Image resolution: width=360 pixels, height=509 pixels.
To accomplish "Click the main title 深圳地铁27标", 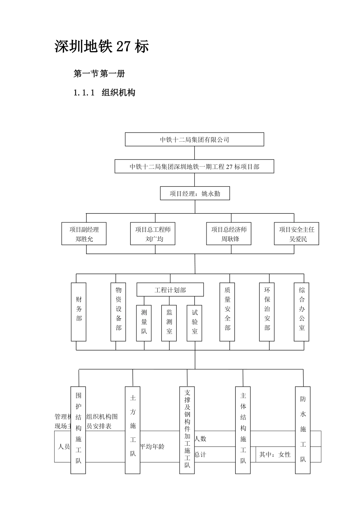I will coord(102,46).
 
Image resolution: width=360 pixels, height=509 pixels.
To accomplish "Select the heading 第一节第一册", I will coord(99,73).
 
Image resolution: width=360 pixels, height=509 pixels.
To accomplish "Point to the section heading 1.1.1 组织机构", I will coord(104,92).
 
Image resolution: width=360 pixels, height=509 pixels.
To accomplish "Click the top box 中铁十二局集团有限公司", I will coord(194,139).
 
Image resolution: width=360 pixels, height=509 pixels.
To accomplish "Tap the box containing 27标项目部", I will coord(194,166).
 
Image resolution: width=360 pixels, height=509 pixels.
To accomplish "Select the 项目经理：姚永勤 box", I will coord(195,194).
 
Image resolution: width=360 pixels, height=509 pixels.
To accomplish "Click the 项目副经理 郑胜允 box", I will coord(84,234).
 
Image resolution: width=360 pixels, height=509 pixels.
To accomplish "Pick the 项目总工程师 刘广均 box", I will coord(153,234).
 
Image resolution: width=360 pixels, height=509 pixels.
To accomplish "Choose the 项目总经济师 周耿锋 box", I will coord(229,234).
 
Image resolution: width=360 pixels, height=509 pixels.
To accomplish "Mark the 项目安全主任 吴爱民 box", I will coord(296,234).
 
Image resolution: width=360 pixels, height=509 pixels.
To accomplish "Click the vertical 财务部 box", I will coord(79,311).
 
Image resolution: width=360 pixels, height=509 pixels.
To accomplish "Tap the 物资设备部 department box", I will coord(118,311).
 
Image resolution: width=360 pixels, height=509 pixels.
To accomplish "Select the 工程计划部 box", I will coord(170,290).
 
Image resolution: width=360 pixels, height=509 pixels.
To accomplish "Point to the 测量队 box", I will coord(144,323).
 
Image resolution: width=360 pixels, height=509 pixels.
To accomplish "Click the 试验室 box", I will coord(194,323).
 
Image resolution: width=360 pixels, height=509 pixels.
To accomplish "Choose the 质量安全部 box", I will coord(227,311).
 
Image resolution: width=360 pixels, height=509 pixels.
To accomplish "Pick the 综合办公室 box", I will coord(302,311).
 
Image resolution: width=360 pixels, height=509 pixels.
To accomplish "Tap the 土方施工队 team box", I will coord(133,430).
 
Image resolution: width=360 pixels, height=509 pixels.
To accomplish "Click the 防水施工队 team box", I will coord(303,430).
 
